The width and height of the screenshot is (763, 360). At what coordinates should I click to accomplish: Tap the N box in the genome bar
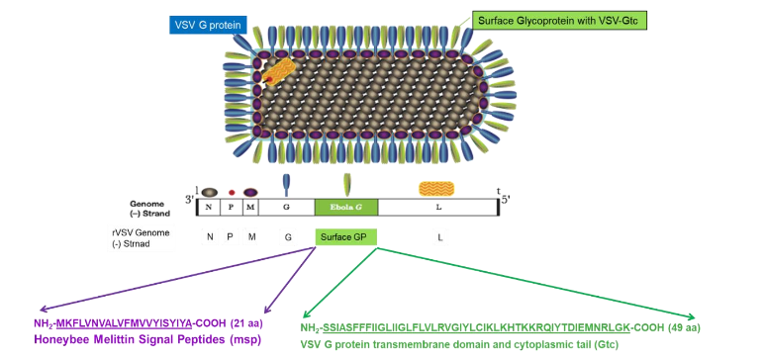(210, 207)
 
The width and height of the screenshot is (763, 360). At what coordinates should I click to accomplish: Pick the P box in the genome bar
(231, 207)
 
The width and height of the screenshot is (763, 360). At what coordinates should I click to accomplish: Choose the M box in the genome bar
(250, 207)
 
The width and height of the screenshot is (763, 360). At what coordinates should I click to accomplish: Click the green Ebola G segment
(346, 207)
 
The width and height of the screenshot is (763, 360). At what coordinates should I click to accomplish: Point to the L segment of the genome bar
(437, 207)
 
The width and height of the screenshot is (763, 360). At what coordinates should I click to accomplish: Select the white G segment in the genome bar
(287, 207)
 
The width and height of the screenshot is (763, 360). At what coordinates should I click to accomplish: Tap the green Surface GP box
(343, 237)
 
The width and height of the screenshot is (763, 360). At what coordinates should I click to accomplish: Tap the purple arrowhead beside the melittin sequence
(41, 310)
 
